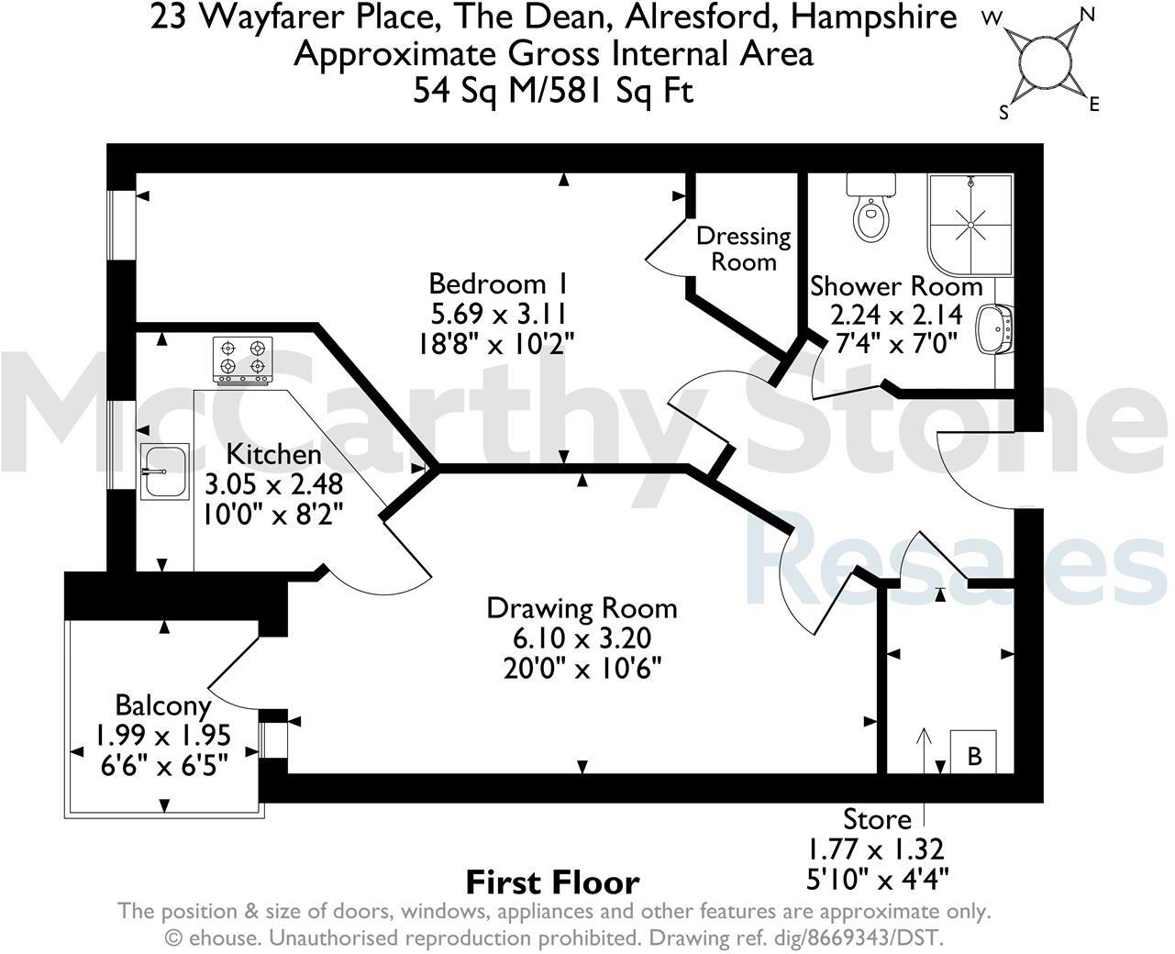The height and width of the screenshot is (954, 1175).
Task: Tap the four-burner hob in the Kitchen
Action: pos(243,361)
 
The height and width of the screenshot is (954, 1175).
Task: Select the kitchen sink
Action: pos(164,471)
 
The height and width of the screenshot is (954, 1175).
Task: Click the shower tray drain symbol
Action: pos(970,225)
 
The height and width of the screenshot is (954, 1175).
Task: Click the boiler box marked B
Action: pos(973,751)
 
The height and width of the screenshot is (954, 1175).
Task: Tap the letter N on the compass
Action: pos(1086,15)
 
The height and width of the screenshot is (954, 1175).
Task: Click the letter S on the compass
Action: pos(1004,113)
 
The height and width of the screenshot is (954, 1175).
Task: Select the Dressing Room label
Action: pos(744,249)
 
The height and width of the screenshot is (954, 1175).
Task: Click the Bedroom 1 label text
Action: pos(498,284)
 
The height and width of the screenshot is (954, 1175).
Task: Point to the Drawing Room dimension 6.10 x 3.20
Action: pos(582,638)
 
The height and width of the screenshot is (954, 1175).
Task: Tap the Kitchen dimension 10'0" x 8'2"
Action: pos(273,515)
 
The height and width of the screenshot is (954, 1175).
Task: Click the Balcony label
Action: pos(163,705)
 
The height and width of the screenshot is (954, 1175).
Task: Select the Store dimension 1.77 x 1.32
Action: pos(876,849)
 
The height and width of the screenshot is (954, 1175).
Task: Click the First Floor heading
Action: pos(553,882)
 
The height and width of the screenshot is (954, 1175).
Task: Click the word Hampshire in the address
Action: pos(874,17)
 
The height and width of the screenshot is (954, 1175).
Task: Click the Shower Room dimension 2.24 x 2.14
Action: pos(896,316)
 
